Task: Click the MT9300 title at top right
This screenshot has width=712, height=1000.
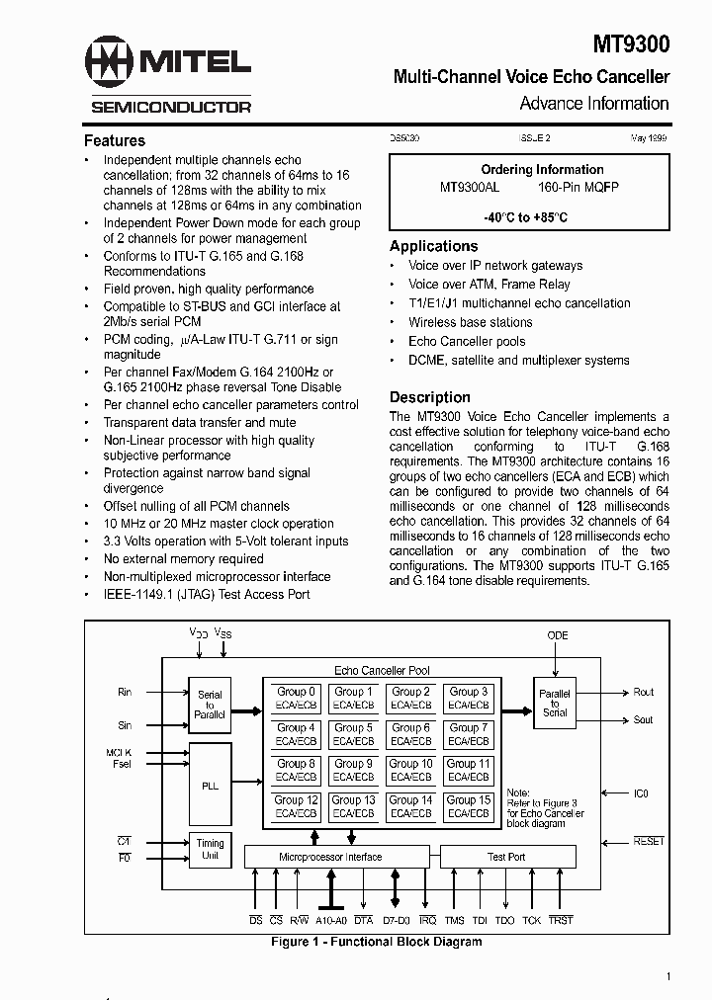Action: coord(631,44)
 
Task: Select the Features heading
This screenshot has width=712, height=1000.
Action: coord(115,140)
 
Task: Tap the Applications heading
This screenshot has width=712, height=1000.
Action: coord(433,246)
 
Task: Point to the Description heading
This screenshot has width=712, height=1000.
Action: coord(430,397)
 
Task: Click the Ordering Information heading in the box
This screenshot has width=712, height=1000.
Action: coord(542,169)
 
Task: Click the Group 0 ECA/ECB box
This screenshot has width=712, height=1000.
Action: coord(296,698)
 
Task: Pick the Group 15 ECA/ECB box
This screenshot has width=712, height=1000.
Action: coord(469,806)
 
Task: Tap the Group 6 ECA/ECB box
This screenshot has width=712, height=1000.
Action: coord(410,734)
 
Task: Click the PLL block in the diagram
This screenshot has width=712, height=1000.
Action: coord(210,786)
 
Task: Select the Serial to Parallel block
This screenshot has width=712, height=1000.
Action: coord(210,705)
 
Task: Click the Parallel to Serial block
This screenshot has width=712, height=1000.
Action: coord(555,703)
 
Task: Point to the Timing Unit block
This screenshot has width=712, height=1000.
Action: coord(210,849)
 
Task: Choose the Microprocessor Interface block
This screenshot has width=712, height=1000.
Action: coord(330,857)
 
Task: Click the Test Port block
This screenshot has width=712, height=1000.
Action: coord(506,857)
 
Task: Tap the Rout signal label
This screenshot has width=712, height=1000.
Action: coord(644,693)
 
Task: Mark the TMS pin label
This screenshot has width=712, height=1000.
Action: coord(454,921)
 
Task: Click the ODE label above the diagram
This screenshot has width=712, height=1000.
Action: coord(558,636)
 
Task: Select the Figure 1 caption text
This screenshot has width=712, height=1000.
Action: coord(377,942)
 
